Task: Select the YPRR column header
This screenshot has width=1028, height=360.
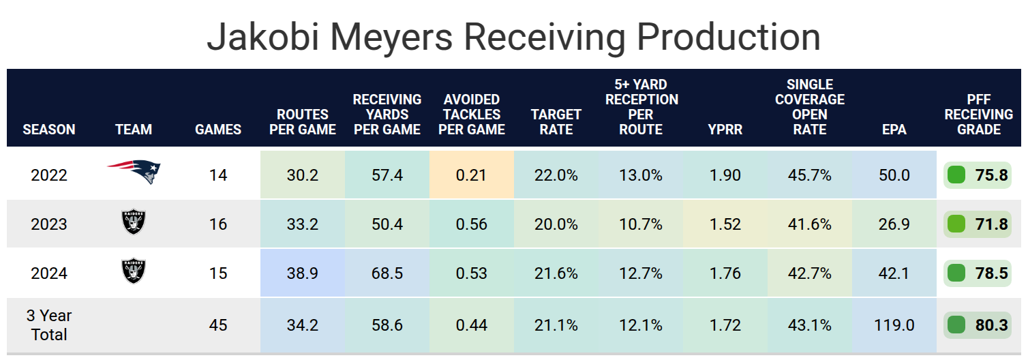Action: [725, 129]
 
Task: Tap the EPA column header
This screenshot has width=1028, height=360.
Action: [894, 129]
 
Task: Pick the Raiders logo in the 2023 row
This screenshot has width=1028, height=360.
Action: [133, 223]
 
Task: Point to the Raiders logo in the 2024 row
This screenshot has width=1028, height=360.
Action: [133, 272]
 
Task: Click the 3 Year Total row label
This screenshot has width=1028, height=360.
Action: [49, 325]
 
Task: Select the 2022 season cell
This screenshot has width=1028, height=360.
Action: [49, 175]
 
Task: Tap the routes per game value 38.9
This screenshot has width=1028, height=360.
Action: [303, 273]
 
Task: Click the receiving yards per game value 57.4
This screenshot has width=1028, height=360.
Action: [387, 175]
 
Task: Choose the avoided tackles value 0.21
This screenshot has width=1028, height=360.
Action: [471, 175]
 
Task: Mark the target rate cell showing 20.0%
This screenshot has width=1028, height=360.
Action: [556, 224]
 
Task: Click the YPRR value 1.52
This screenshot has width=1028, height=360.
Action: [725, 224]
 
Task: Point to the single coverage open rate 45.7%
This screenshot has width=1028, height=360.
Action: [809, 175]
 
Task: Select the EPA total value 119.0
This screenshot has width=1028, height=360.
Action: [894, 325]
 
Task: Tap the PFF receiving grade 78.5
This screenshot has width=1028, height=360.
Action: [991, 273]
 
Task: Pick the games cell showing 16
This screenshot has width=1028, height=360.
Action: [218, 224]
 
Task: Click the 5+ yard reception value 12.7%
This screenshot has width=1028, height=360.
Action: [641, 273]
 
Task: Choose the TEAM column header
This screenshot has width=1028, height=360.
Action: [134, 129]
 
